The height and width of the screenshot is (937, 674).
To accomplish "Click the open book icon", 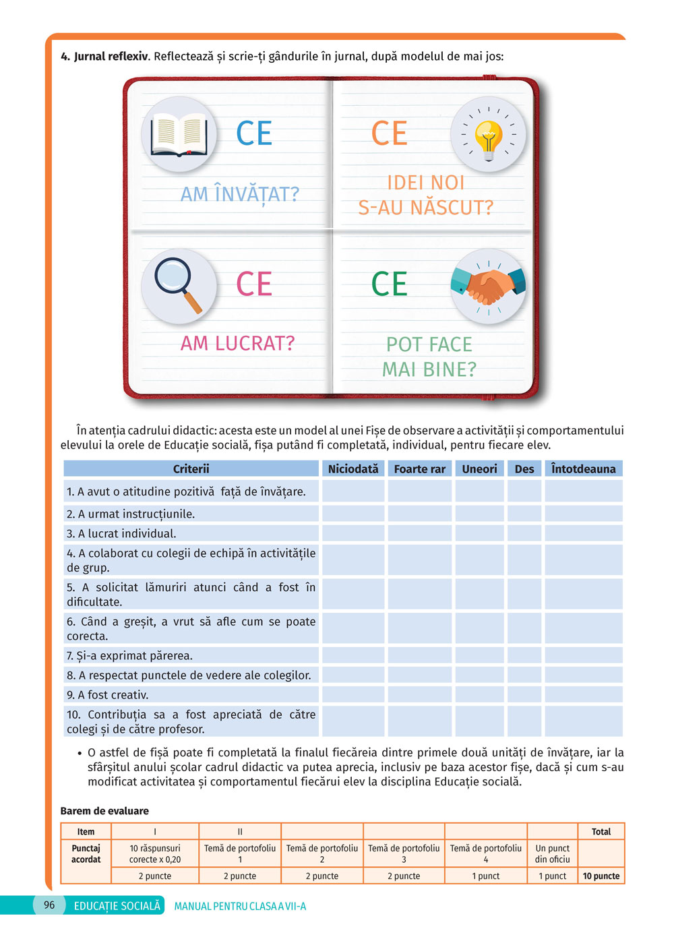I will [179, 133].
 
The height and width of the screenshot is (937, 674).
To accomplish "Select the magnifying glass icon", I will [179, 284].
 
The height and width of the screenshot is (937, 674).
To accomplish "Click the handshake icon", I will [488, 286].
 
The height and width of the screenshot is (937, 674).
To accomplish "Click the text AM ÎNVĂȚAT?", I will [239, 194].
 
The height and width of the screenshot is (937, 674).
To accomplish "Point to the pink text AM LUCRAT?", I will [237, 344].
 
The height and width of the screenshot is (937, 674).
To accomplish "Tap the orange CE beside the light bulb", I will [389, 133].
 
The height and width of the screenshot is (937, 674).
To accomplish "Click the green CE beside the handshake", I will [389, 284].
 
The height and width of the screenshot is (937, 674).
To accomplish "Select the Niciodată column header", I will [353, 469].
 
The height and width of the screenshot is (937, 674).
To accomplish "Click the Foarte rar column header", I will [419, 469].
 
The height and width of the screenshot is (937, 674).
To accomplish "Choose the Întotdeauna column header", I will [583, 469].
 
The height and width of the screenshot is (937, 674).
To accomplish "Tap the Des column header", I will [524, 469].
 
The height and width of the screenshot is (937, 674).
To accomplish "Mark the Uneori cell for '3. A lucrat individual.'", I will [479, 534].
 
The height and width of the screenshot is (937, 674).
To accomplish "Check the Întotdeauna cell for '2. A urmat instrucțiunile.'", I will [583, 514].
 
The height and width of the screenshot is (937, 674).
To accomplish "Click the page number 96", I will [49, 905].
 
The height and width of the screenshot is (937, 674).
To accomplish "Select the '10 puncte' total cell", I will [601, 876].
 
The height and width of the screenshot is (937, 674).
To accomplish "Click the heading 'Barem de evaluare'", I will [104, 811].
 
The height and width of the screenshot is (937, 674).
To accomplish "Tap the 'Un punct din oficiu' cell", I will [553, 854].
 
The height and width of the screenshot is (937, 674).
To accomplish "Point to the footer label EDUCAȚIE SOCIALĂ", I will [117, 906].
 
